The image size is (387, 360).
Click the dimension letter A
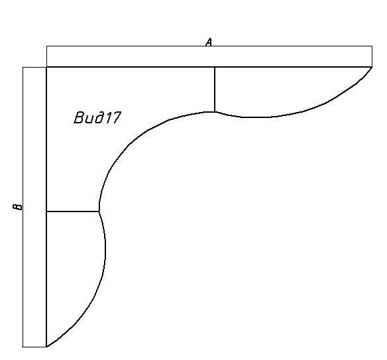209,42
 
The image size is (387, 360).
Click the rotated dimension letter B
17,207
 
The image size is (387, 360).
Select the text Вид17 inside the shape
97,117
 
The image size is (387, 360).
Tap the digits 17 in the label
112,117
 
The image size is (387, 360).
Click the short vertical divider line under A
215,90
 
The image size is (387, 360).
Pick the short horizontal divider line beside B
73,211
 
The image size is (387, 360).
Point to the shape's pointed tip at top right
372,67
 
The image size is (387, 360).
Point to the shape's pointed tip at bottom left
46,347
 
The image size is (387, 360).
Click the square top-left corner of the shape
46,67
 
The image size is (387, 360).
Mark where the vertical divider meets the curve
215,112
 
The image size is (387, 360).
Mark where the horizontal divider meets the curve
99,211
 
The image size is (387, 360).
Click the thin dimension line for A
209,46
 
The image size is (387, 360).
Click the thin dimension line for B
23,207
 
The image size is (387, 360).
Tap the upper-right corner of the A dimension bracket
372,46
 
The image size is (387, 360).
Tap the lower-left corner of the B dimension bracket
23,347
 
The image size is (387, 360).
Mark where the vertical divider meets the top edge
215,67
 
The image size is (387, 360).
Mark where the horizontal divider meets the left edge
46,211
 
